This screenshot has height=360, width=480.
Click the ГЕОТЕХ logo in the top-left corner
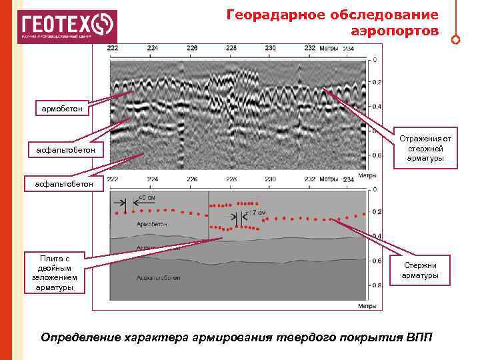click(67, 26)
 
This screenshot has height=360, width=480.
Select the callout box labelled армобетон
click(60, 107)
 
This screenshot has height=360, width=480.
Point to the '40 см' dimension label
click(147, 198)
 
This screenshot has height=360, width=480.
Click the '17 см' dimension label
click(257, 213)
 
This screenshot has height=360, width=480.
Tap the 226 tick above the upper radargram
click(192, 48)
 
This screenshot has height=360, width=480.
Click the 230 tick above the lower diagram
click(270, 179)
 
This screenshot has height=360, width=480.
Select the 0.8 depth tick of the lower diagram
click(377, 285)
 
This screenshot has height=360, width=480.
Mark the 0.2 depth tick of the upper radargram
click(377, 83)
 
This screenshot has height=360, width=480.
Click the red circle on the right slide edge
click(455, 39)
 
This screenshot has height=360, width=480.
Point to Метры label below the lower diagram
click(369, 306)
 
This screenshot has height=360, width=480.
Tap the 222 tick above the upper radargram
click(113, 48)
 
